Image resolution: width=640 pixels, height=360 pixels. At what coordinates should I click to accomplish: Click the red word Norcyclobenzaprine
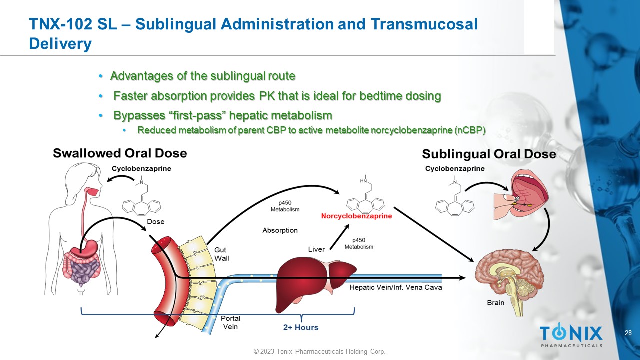coord(356,217)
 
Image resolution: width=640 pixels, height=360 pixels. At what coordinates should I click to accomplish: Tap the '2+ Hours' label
coord(301,327)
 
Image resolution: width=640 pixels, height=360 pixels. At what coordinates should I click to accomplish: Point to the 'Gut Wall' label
coord(221,253)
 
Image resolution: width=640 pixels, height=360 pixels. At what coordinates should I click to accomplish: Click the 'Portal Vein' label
coord(230,322)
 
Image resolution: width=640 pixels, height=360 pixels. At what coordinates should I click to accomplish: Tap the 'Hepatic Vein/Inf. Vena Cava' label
coord(395,288)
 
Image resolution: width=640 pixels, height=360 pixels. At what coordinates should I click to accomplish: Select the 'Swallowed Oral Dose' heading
coord(120,153)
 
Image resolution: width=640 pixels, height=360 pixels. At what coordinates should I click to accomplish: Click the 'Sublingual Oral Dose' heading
coord(489,154)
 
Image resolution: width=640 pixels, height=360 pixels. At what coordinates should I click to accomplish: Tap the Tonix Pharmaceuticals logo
coord(571,335)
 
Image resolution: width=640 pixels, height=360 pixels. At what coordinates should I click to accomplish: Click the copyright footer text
coord(319,352)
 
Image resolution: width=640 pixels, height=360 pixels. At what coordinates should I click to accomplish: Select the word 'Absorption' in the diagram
coord(280,230)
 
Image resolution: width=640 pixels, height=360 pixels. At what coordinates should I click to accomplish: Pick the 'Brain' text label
coord(495,303)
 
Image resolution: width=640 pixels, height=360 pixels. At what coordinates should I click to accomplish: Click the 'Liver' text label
coord(316,249)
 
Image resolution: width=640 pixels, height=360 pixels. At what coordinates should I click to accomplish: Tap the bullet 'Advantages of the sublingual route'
coord(203,76)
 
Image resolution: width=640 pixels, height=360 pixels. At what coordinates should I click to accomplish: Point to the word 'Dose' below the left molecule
coord(155,221)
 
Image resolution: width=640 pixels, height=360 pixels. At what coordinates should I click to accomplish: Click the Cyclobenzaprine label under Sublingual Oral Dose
coord(455,169)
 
